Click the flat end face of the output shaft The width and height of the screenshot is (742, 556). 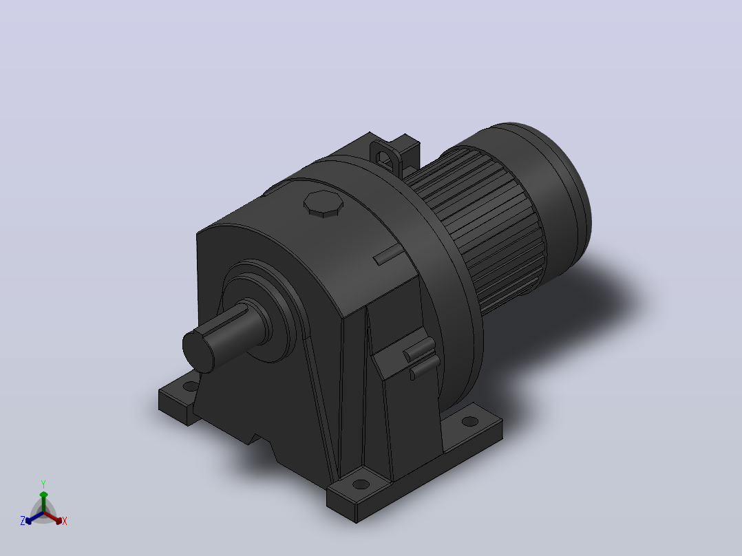point(198,352)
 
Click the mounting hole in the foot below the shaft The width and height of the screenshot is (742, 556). point(190,386)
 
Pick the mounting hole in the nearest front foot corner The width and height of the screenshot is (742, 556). point(361,484)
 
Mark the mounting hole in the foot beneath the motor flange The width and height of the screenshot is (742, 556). point(470,421)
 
